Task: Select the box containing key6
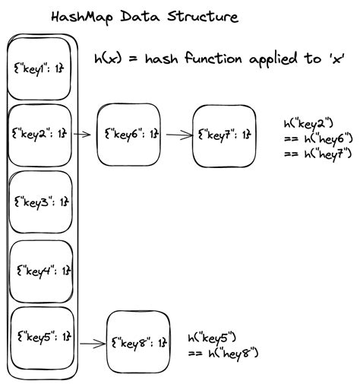pyautogui.click(x=130, y=135)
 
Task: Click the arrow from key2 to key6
pyautogui.click(x=84, y=135)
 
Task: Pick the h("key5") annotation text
pyautogui.click(x=215, y=337)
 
